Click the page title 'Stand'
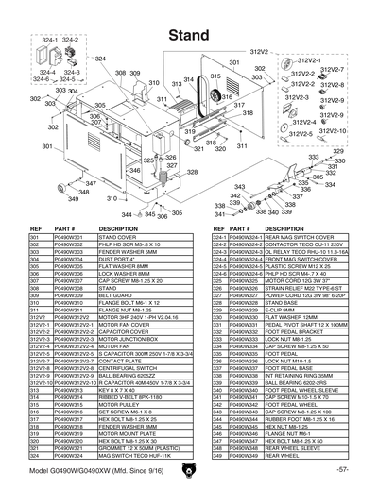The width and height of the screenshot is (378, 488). point(189,34)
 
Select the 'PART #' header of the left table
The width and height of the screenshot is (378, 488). point(65,229)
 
